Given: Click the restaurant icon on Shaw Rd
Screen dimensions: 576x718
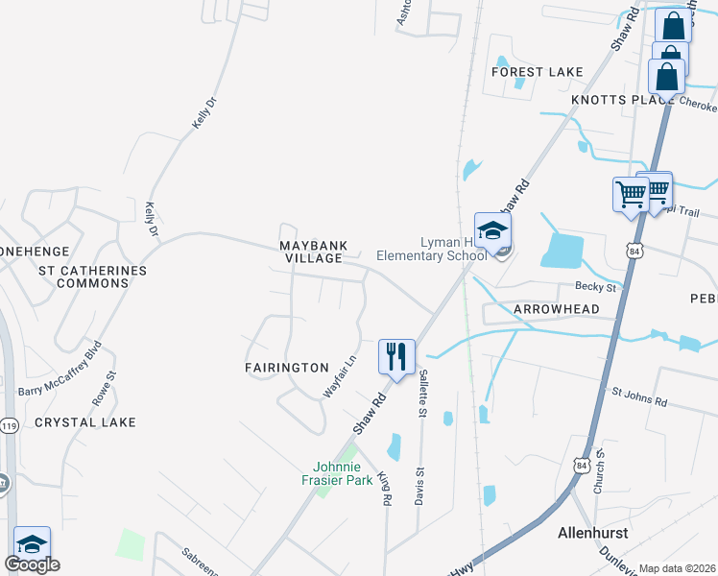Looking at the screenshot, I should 395,356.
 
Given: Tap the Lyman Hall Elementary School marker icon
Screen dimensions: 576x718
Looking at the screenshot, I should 492,231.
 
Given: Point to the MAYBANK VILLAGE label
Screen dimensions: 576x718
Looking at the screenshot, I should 312,252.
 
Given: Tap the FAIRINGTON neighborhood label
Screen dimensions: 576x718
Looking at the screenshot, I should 286,368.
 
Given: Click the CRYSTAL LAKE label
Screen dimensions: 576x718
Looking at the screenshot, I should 85,422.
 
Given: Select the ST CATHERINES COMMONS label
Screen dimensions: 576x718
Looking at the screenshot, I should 92,276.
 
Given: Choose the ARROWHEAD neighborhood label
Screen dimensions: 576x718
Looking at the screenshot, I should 556,309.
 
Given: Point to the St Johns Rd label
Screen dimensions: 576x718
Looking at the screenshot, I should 640,396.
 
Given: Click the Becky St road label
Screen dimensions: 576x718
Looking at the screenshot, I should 594,286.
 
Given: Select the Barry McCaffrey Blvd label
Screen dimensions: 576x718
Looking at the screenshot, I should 60,368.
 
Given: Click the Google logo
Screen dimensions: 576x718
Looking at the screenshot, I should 32,565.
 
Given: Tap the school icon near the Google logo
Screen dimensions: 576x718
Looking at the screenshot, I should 32,544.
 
